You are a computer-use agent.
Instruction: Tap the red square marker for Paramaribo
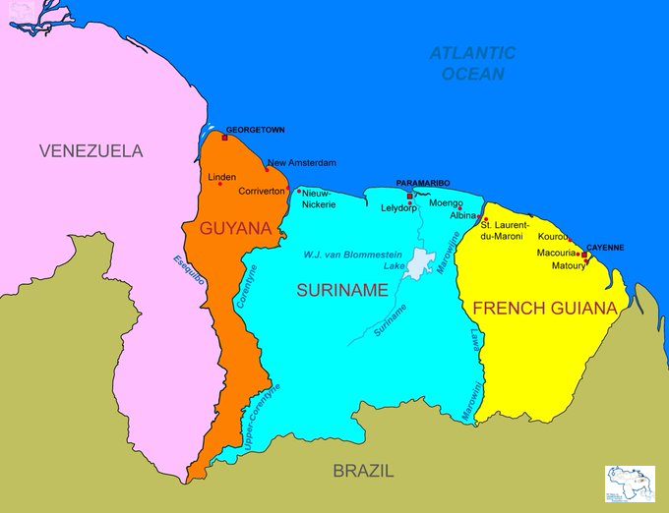[x=409, y=197]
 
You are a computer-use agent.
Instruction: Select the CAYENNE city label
[x=605, y=248]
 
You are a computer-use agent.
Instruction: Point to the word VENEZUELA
[x=91, y=151]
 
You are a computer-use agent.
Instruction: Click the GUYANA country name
[x=235, y=229]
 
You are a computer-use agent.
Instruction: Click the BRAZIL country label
[x=363, y=471]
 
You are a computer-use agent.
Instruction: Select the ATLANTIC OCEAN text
[x=472, y=63]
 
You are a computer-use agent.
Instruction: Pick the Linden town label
[x=222, y=177]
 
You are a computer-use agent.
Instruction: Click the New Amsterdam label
[x=302, y=162]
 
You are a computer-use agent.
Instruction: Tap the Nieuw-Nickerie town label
[x=319, y=199]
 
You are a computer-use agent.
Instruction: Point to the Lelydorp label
[x=399, y=208]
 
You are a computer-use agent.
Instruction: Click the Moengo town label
[x=446, y=202]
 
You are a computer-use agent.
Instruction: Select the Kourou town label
[x=553, y=237]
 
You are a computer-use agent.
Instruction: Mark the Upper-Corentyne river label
[x=262, y=418]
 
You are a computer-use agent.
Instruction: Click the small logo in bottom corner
[x=630, y=484]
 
